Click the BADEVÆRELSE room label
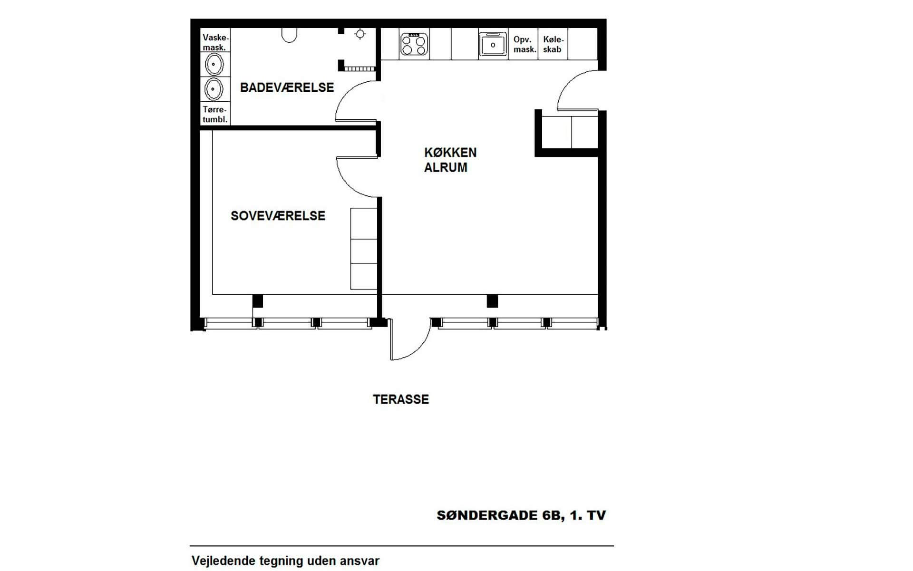(287, 87)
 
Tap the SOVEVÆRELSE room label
(278, 216)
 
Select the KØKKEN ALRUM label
(450, 160)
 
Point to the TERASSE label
(400, 399)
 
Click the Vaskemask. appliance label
(215, 42)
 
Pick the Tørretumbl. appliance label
(215, 115)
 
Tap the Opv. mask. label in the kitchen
(524, 45)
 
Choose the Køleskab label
(553, 45)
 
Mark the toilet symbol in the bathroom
(289, 35)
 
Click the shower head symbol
(360, 34)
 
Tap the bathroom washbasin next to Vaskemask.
(214, 64)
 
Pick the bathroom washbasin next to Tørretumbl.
(214, 89)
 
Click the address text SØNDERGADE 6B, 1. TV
(521, 515)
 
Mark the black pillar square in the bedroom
(257, 300)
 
